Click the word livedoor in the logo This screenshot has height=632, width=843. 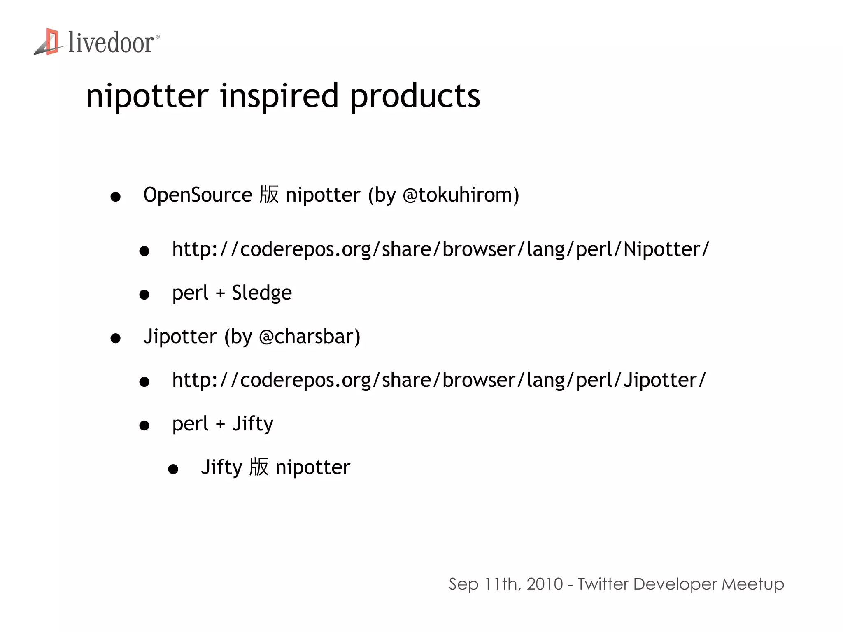111,43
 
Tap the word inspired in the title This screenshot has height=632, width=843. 279,96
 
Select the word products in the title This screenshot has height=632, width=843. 415,96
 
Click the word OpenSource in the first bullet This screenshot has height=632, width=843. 198,195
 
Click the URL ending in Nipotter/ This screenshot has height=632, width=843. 440,249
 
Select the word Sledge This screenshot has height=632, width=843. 262,293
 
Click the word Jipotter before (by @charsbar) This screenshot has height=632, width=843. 180,337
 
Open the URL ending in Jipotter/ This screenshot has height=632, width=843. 439,380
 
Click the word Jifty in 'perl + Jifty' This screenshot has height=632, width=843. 253,424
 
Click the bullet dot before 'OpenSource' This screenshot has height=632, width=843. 116,197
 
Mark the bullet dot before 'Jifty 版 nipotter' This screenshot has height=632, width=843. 173,469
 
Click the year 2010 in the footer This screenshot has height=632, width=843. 545,584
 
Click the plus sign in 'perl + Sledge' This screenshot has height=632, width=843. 220,293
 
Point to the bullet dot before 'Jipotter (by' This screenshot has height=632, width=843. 116,338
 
